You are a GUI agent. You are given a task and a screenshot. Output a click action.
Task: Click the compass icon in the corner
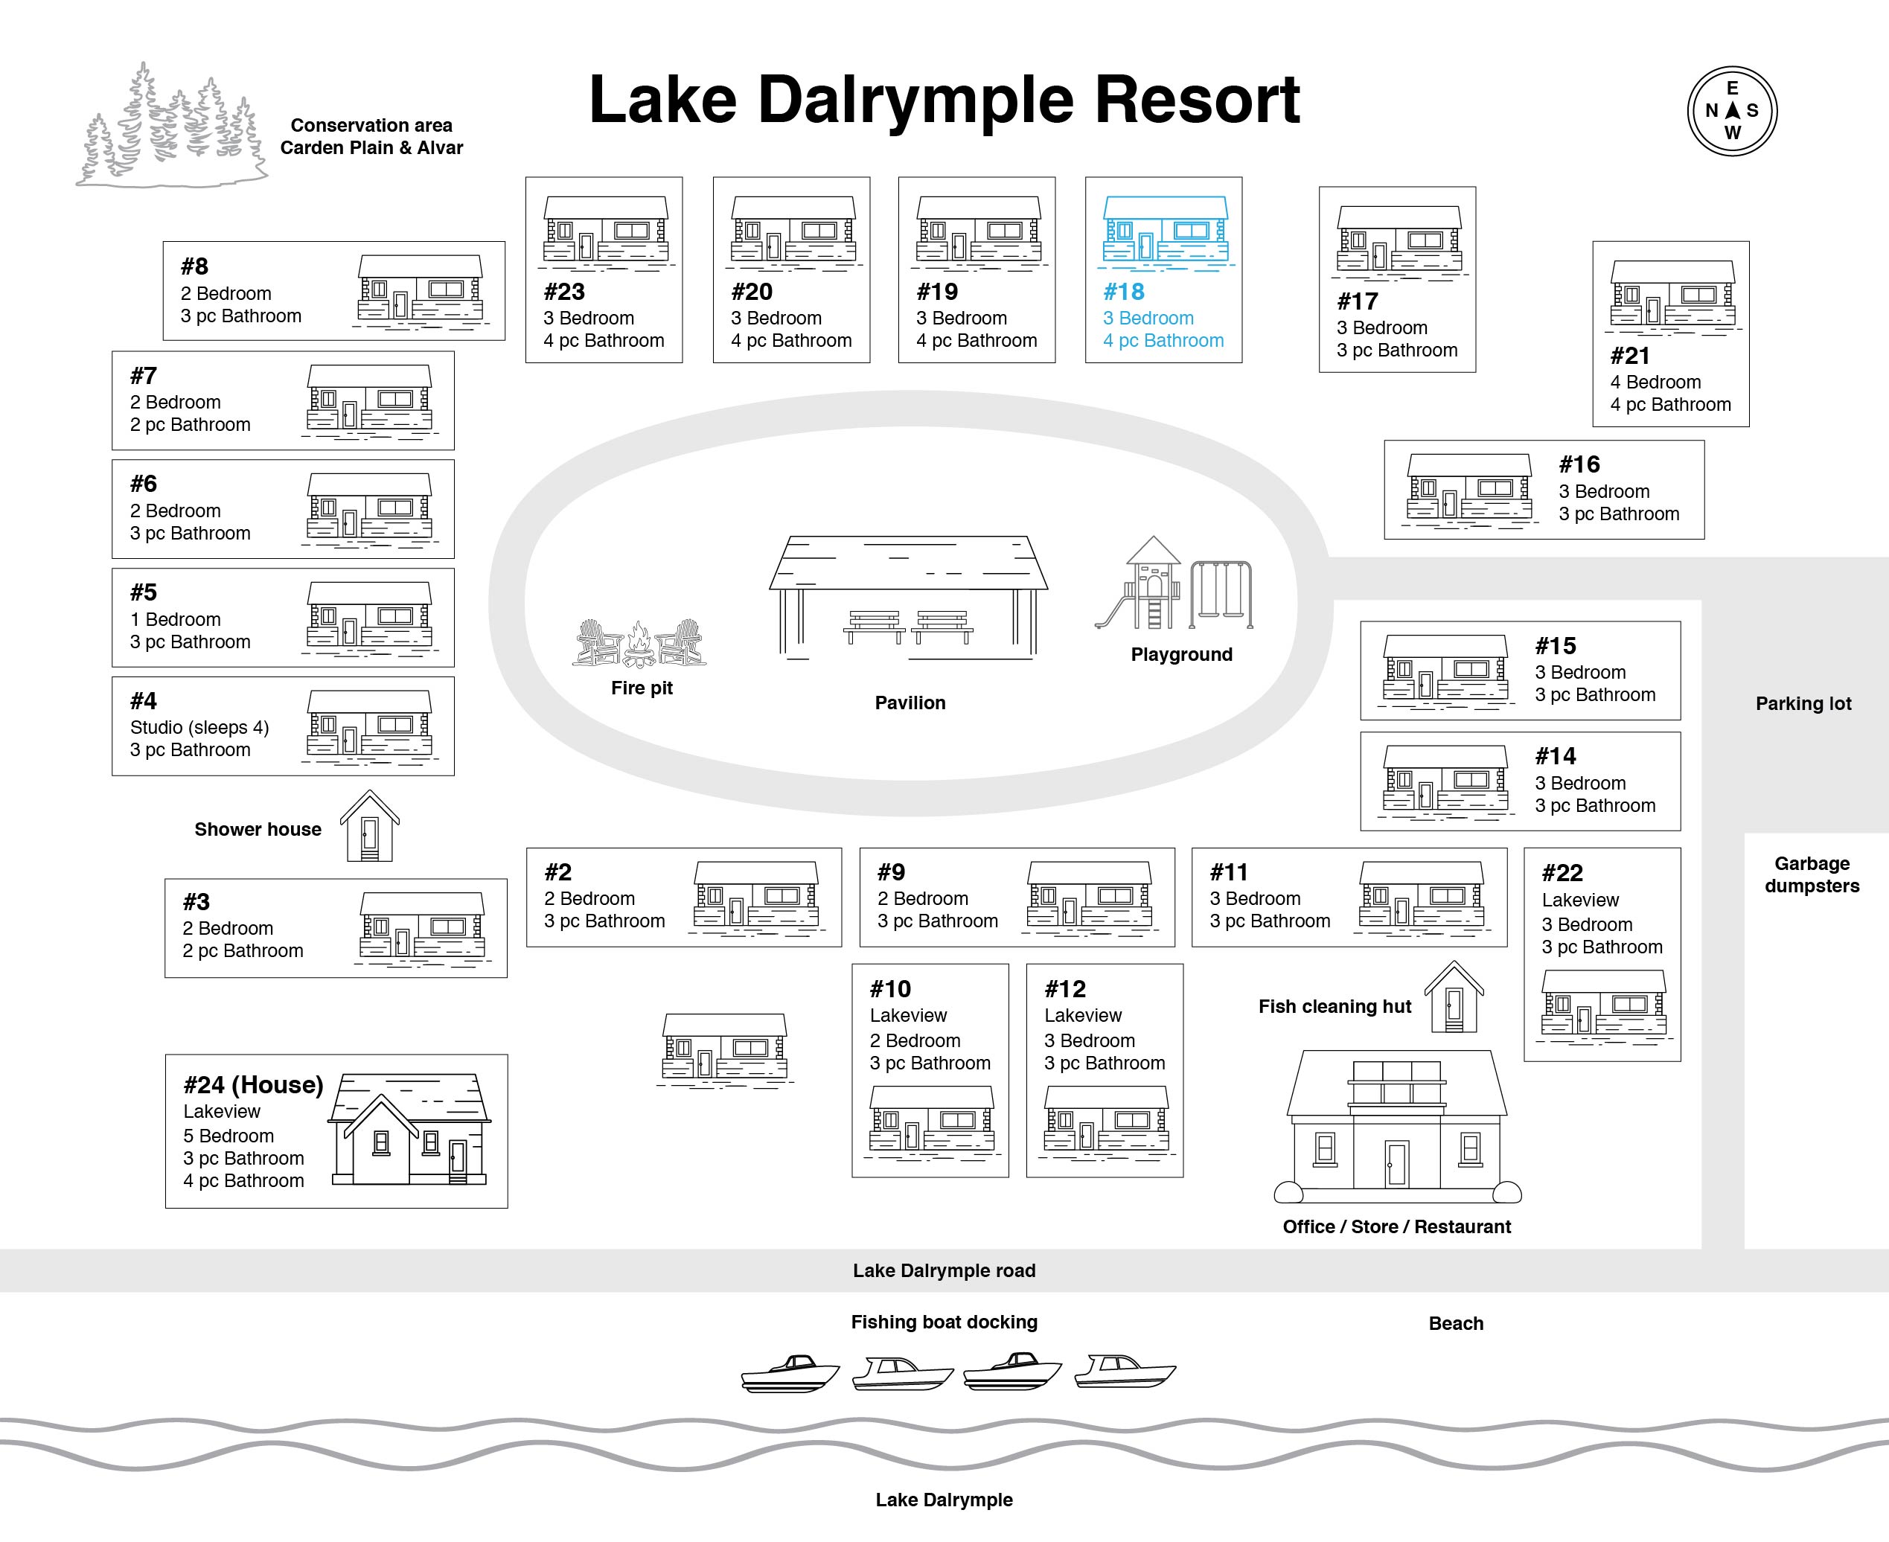coord(1732,111)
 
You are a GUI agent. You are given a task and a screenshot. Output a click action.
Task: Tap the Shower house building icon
coord(369,826)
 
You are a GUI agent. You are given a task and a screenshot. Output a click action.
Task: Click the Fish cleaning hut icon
coord(1454,996)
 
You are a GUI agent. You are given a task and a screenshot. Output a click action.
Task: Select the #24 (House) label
coord(253,1084)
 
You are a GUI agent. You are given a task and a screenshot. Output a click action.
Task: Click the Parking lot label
coord(1803,703)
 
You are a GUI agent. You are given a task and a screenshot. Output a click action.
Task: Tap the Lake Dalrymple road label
coord(944,1270)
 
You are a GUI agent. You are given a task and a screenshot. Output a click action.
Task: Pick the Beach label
coord(1456,1322)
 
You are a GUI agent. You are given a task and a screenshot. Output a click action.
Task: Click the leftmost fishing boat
coord(790,1373)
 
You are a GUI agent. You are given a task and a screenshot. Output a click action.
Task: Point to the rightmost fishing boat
coord(1125,1372)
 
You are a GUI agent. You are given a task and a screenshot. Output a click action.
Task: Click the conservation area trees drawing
coord(171,125)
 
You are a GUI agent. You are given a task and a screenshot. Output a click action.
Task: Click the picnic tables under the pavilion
coord(907,626)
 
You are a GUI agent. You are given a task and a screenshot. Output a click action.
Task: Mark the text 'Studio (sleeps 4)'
coord(199,728)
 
